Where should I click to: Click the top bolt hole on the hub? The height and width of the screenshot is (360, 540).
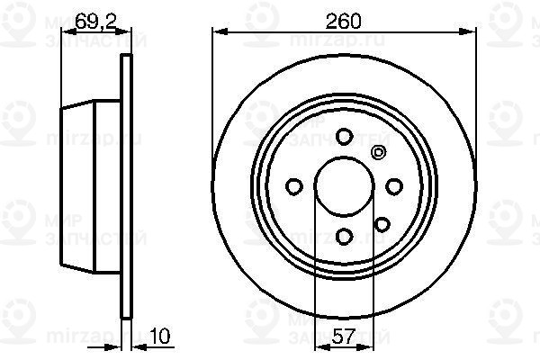(343, 137)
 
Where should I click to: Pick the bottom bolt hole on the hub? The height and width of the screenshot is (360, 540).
(343, 236)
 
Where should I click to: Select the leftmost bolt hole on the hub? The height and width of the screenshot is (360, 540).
(293, 186)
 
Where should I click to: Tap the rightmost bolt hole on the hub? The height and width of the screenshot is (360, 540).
(393, 186)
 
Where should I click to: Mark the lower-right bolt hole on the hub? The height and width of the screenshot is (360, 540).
(381, 223)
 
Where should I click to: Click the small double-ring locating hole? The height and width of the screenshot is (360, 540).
(378, 152)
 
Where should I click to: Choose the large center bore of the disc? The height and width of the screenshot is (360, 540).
(343, 186)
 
